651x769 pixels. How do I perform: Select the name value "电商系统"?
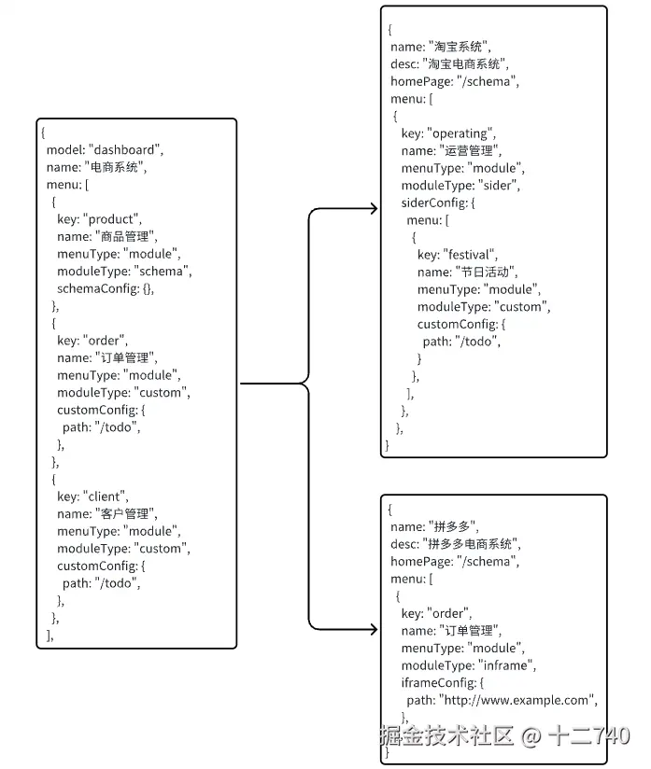click(x=115, y=167)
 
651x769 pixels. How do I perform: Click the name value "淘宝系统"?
click(x=460, y=47)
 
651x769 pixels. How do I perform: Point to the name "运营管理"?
click(x=471, y=151)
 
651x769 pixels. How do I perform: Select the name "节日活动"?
click(x=486, y=272)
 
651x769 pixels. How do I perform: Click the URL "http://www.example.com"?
click(x=517, y=700)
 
